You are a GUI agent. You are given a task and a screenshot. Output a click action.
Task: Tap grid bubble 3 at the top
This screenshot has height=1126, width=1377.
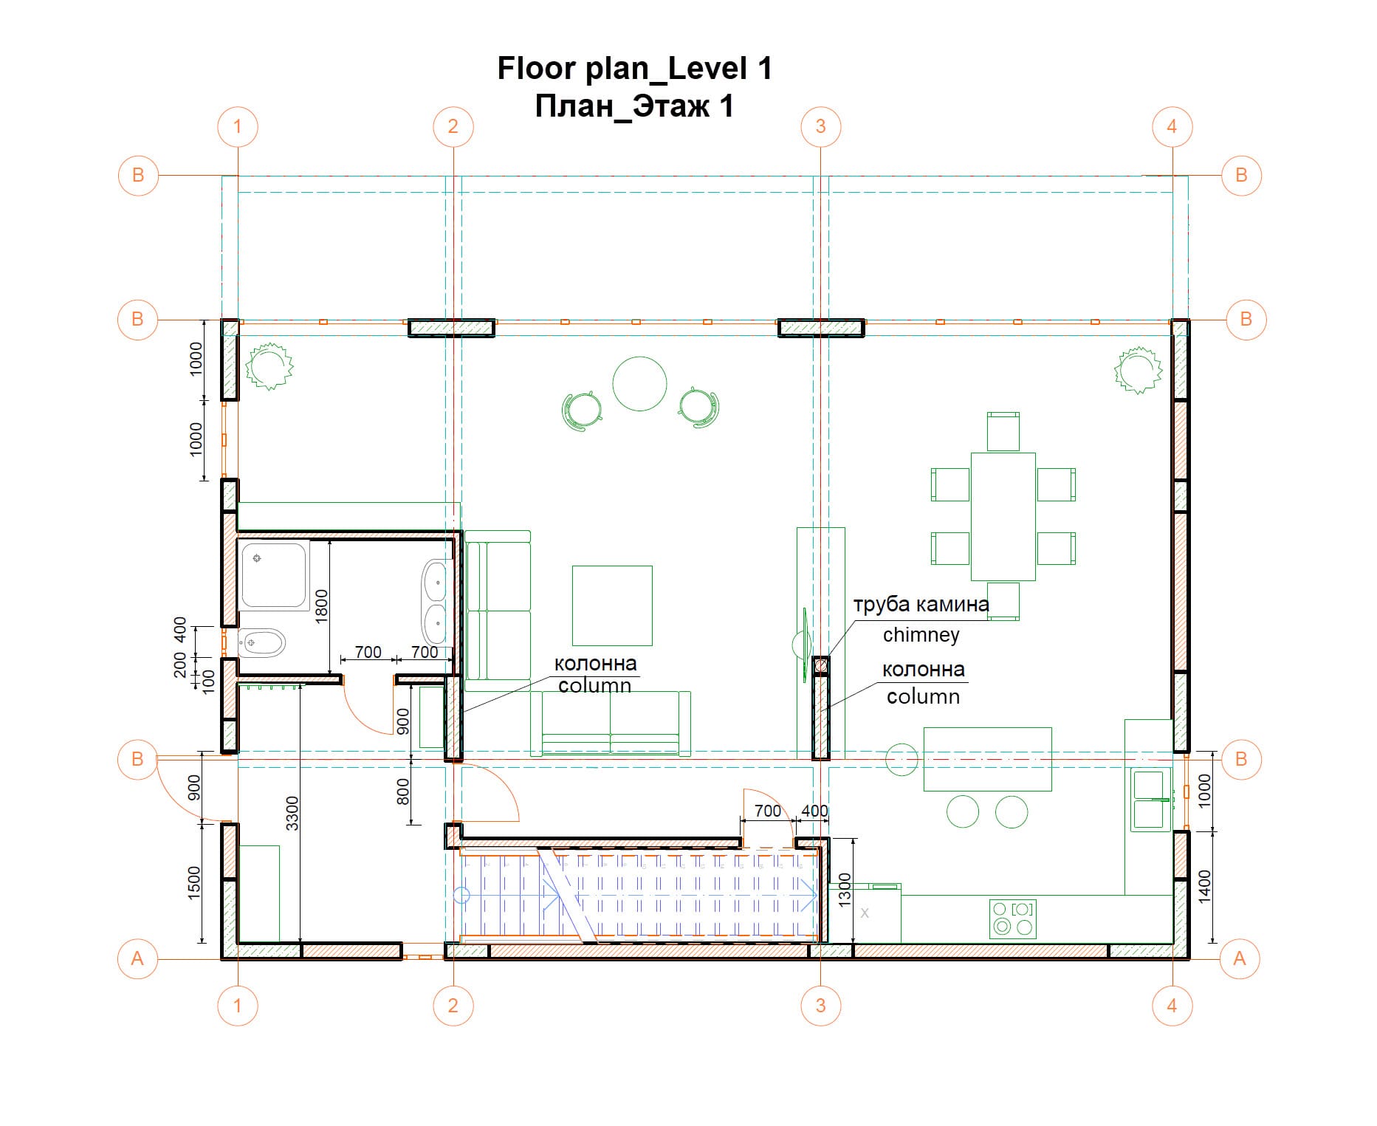point(820,126)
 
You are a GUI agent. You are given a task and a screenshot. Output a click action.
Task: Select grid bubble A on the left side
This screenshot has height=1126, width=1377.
point(137,958)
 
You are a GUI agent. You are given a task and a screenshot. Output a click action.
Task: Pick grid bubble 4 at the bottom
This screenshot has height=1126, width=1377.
point(1172,1005)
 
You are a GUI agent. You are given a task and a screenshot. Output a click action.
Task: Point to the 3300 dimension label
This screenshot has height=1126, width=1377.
point(292,813)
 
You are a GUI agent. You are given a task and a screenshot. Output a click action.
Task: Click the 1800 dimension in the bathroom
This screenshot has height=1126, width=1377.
point(320,606)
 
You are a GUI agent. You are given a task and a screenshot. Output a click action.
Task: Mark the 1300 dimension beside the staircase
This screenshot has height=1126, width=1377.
point(845,890)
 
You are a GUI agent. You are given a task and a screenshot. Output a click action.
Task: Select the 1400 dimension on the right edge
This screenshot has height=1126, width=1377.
point(1204,887)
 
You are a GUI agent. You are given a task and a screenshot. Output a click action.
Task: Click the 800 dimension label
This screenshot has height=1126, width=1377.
point(402,792)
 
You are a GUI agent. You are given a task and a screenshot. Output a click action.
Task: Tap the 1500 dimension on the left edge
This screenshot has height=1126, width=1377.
point(193,882)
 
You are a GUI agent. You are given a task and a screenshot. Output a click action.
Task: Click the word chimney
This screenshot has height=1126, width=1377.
point(921,634)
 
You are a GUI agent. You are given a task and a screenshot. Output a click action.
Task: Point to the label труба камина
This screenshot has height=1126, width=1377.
point(921,605)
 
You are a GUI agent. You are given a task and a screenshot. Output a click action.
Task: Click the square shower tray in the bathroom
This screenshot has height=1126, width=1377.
point(275,577)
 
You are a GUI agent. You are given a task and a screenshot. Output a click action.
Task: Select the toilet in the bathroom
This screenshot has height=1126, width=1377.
point(262,643)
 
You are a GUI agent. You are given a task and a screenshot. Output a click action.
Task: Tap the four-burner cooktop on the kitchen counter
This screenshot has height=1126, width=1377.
point(1013,918)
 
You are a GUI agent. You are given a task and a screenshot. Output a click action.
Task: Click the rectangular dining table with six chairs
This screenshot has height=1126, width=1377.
point(1003,516)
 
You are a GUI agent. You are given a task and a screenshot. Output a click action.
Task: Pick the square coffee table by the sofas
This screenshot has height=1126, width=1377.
point(612,605)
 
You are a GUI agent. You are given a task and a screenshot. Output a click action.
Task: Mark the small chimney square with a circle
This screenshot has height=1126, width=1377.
point(821,666)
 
